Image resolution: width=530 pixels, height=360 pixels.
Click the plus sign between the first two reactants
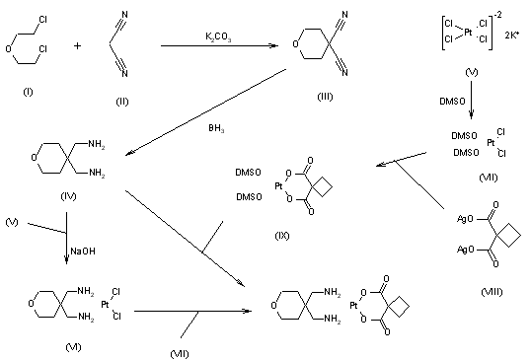73,44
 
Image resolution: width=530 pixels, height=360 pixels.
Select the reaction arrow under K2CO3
219,44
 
